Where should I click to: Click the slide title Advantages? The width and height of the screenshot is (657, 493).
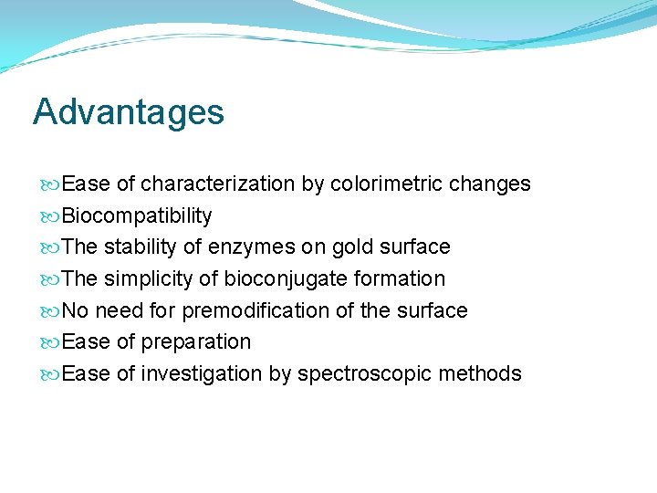[x=128, y=112]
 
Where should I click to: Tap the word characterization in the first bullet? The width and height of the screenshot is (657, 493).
[x=218, y=184]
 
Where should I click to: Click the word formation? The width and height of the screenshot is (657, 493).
[x=402, y=278]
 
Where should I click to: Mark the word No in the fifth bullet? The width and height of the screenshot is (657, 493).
[x=76, y=310]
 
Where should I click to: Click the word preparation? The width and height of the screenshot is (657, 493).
[x=196, y=342]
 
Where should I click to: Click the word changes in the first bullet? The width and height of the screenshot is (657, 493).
[x=491, y=184]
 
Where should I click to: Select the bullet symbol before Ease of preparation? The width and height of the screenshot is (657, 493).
[x=52, y=342]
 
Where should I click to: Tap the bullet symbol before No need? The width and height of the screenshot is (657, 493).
[x=52, y=311]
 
